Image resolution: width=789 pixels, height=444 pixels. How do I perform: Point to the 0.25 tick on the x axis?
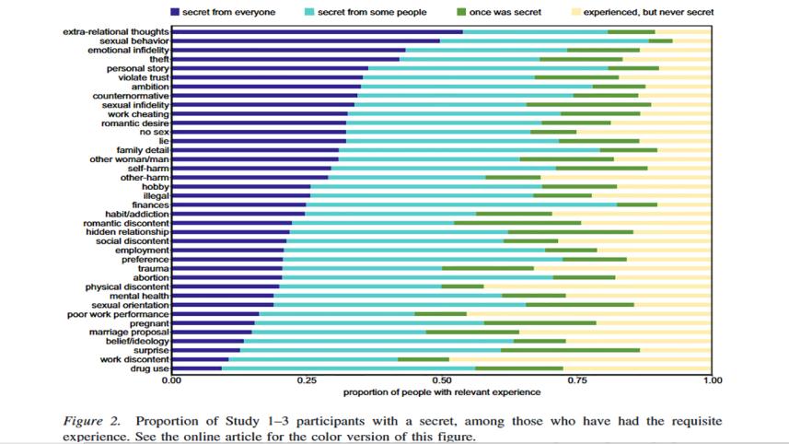(307, 380)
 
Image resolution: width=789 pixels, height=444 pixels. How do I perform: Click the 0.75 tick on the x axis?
(576, 380)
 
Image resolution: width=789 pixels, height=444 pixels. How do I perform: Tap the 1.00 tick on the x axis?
(711, 380)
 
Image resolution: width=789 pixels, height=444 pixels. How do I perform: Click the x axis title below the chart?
(442, 392)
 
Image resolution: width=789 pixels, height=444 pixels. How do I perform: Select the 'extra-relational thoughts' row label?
(116, 31)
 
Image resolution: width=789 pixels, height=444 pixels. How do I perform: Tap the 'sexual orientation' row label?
(130, 305)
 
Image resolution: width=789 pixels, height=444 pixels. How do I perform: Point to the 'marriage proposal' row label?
(129, 332)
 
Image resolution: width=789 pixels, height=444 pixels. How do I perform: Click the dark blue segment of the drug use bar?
(196, 368)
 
